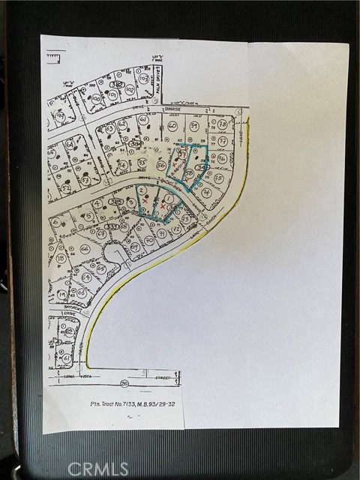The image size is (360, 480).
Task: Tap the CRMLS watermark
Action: click(x=97, y=469)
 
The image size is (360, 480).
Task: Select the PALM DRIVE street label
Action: click(x=156, y=85)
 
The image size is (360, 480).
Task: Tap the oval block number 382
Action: click(x=115, y=85)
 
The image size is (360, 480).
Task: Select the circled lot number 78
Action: click(x=223, y=124)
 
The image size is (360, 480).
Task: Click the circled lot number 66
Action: click(x=84, y=248)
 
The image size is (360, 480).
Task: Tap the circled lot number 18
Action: click(x=61, y=259)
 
